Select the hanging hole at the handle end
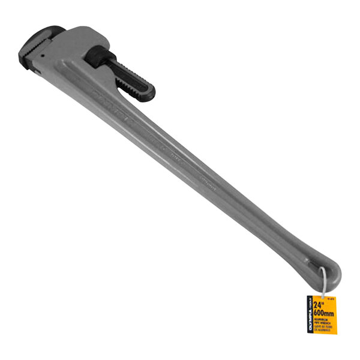tap(320, 268)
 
